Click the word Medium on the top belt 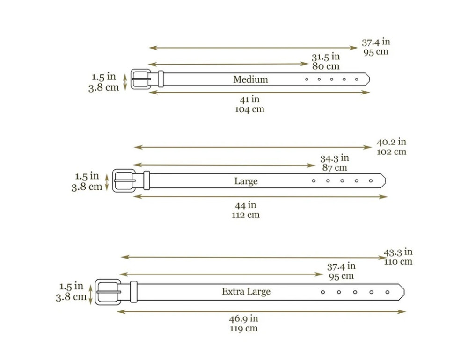(250, 79)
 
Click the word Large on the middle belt (246, 181)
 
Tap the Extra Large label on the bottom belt (246, 291)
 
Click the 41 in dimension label (249, 99)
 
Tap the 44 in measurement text (245, 205)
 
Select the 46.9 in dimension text (243, 318)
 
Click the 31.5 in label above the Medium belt (326, 57)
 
